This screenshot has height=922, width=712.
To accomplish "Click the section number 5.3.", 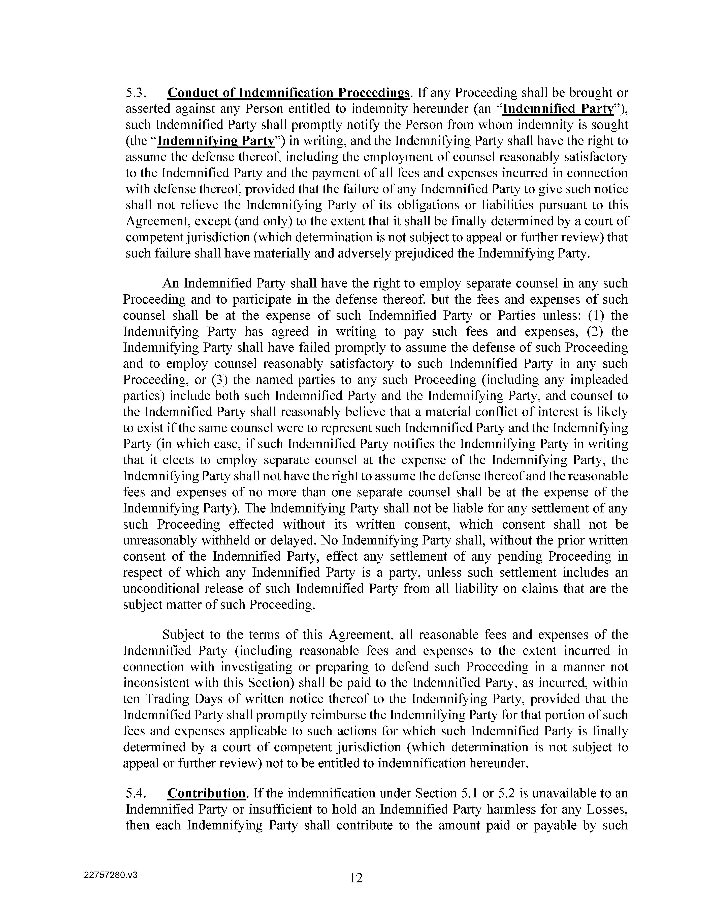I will [x=136, y=93].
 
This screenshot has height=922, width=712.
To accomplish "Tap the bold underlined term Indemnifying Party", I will [x=216, y=141].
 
